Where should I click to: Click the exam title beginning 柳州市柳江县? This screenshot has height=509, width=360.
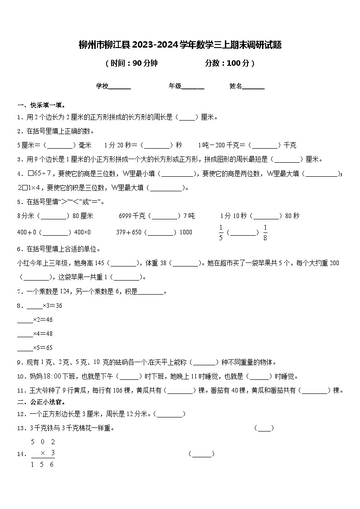click(x=180, y=45)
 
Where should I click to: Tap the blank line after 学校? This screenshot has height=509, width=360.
click(x=120, y=86)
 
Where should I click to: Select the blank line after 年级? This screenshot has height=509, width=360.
click(x=193, y=86)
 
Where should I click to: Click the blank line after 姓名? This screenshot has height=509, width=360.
click(x=253, y=86)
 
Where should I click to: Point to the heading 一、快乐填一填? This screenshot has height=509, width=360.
click(x=41, y=106)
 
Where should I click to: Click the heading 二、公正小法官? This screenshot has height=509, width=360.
click(x=41, y=402)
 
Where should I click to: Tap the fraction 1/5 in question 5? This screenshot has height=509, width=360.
click(x=221, y=233)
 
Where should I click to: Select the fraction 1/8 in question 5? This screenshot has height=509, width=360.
click(x=265, y=233)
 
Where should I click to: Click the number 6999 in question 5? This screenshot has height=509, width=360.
click(x=125, y=216)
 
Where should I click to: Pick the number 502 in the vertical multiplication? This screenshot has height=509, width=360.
click(x=43, y=442)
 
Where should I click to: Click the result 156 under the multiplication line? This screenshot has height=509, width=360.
click(x=43, y=465)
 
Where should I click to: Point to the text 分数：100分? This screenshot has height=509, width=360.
click(x=229, y=63)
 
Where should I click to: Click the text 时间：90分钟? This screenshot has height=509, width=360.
click(x=131, y=63)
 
